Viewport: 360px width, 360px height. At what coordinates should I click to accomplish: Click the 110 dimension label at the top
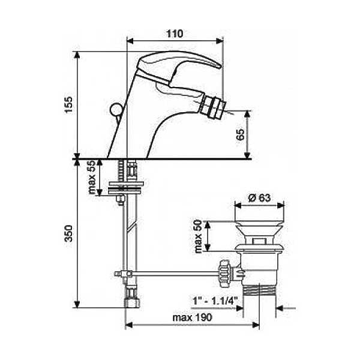point(175,34)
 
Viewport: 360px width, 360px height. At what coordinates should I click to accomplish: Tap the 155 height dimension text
point(68,104)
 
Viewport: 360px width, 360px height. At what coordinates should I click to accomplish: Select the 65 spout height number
point(241,135)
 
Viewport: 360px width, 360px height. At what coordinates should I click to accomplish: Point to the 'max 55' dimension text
point(92,177)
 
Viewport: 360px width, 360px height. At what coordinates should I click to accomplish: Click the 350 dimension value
point(68,233)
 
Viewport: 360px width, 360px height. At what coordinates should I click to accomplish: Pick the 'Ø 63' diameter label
point(259,197)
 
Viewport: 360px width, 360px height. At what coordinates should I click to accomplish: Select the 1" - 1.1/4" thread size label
point(215,301)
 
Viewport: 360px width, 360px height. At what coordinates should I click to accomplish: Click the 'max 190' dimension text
point(193,318)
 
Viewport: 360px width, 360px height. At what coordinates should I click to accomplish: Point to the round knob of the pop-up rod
point(116,109)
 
